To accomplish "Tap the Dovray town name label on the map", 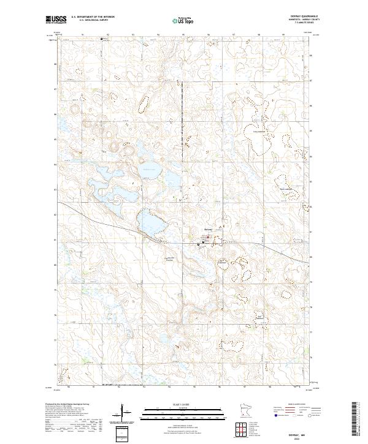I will click(x=210, y=231).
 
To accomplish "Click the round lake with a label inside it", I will click(x=148, y=168).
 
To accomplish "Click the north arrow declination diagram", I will click(x=124, y=411).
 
